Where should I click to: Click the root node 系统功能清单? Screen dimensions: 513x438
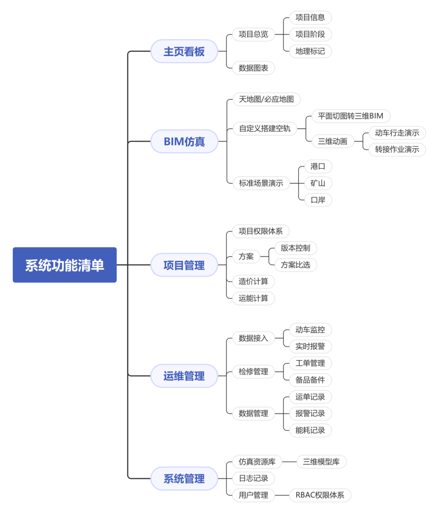(x=65, y=265)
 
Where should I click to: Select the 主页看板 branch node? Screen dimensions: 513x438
(x=184, y=51)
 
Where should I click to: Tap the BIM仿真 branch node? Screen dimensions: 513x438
(x=184, y=142)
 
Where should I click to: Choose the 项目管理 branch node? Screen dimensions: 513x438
(x=184, y=265)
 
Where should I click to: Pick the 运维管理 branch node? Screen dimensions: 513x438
(x=184, y=376)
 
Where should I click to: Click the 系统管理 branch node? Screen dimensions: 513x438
(x=184, y=479)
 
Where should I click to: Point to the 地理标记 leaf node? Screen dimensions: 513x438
(x=310, y=51)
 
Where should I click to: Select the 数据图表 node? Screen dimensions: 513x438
(x=254, y=68)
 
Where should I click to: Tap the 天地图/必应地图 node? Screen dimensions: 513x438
(x=266, y=99)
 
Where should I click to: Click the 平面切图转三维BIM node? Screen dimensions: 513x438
(x=351, y=116)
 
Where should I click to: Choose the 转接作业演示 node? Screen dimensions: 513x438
(x=397, y=149)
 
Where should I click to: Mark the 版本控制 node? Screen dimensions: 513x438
(x=295, y=248)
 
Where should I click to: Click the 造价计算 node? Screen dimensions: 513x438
(x=254, y=281)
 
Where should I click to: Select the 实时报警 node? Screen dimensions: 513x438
(x=310, y=346)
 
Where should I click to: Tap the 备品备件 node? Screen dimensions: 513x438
(x=310, y=380)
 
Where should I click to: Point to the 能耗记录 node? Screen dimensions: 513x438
(x=310, y=430)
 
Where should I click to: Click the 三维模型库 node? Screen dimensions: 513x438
(x=321, y=462)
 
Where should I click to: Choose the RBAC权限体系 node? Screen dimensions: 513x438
(x=320, y=495)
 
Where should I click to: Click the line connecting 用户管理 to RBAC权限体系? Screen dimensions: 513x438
(x=282, y=495)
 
